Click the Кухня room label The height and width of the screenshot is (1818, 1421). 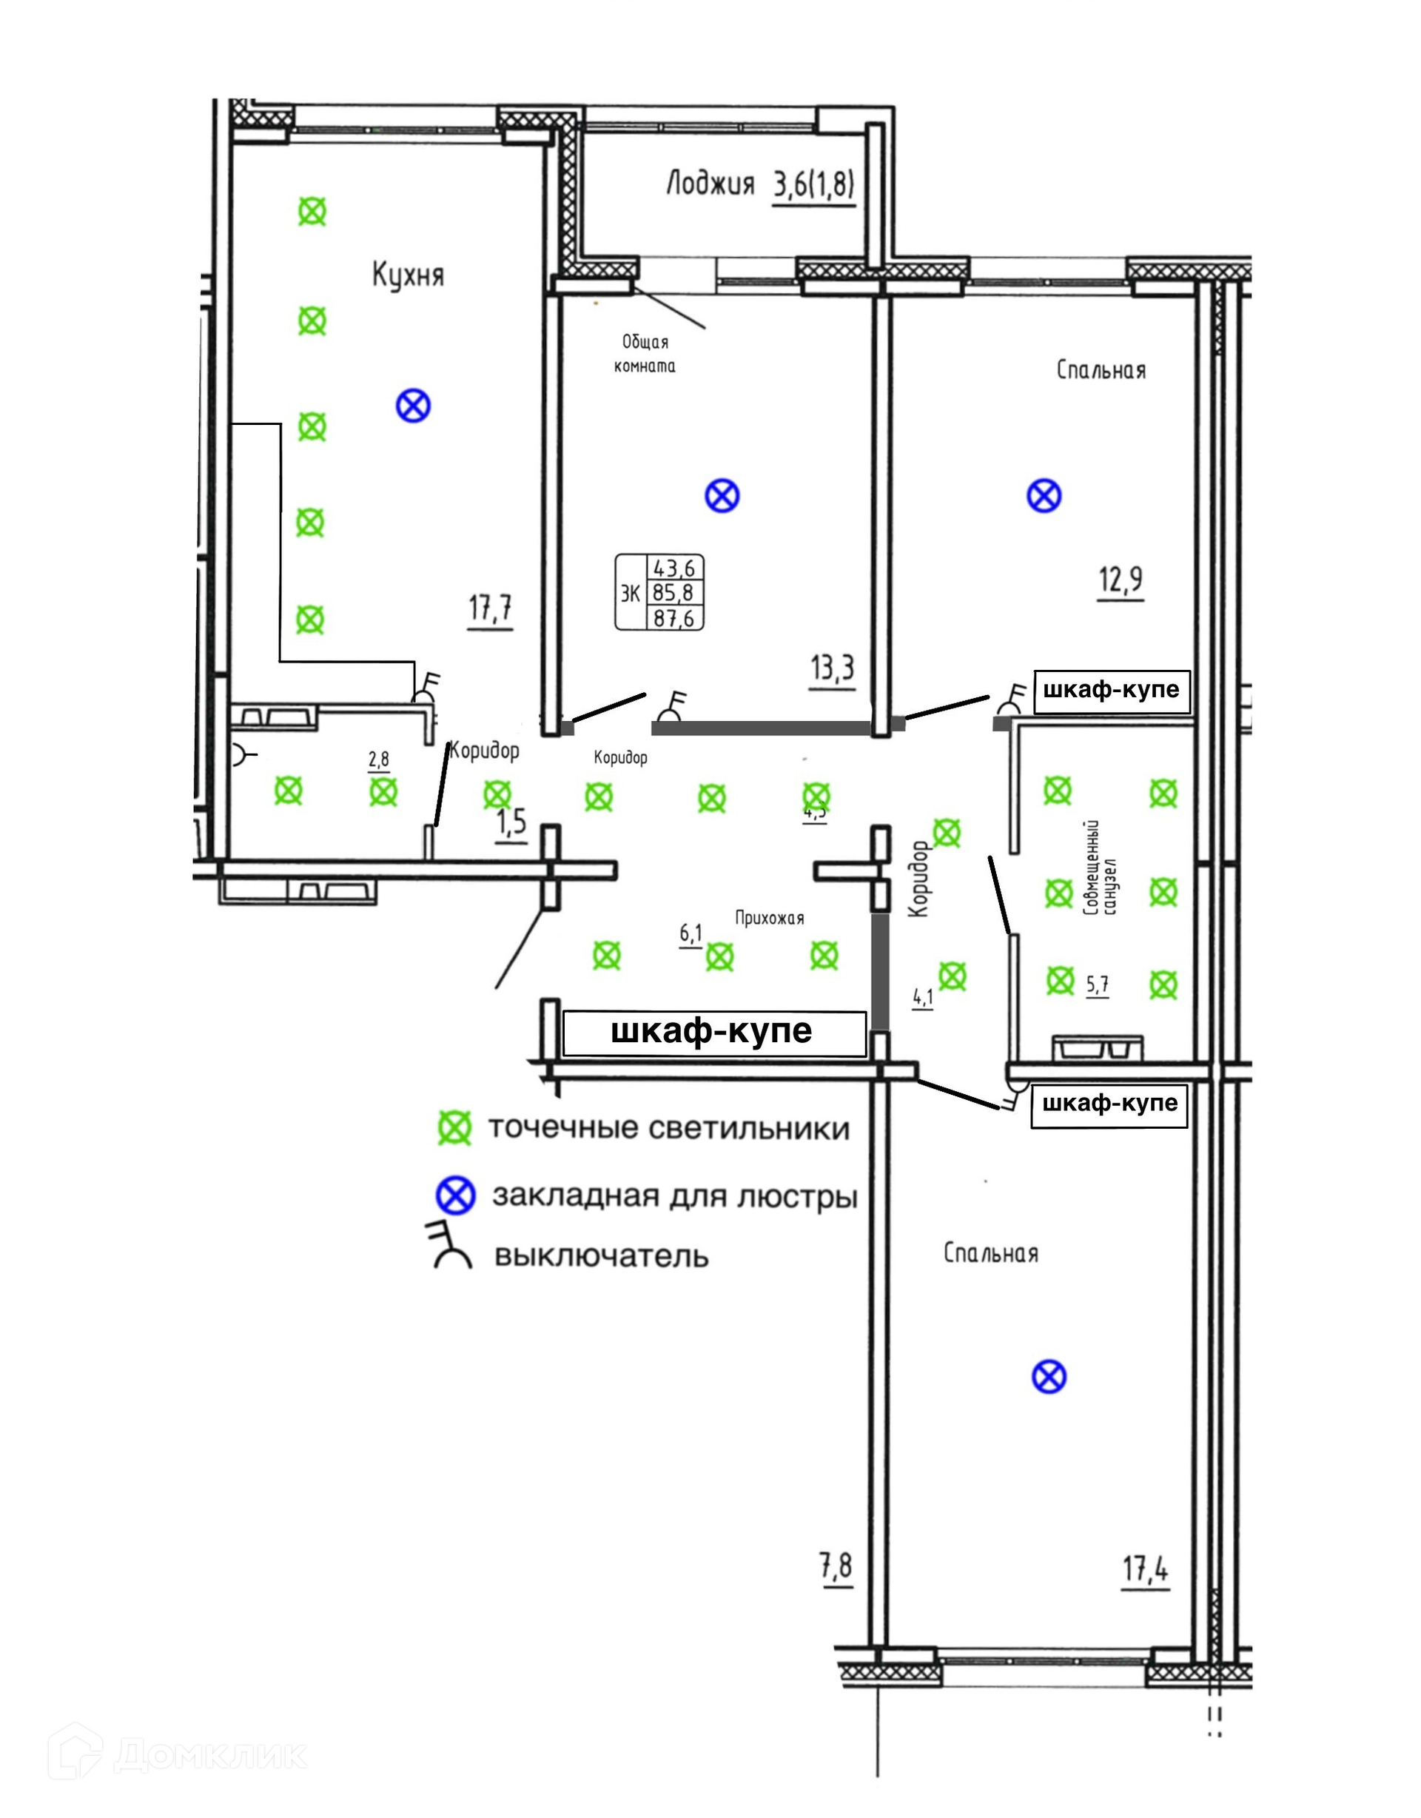tap(408, 275)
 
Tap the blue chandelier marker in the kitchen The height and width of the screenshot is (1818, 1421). tap(413, 407)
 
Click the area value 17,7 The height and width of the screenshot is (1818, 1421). tap(490, 608)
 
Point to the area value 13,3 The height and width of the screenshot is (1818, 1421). tap(833, 668)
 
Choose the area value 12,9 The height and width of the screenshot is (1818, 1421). tap(1121, 580)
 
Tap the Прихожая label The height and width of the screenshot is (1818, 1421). tap(769, 918)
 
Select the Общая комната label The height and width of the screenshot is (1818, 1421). tap(645, 354)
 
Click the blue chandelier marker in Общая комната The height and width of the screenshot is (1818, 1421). tap(722, 496)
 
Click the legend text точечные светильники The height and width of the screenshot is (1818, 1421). tap(668, 1130)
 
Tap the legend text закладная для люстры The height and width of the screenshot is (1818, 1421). tap(675, 1197)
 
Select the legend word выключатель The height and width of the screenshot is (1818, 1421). tap(602, 1256)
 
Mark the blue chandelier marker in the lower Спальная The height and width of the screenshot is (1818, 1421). tap(1049, 1377)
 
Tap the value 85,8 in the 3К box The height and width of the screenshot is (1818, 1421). tap(674, 594)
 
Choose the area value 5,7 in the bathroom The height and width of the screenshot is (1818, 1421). tap(1097, 985)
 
